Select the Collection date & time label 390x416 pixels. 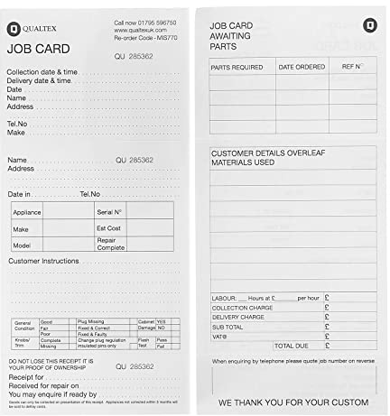(42, 71)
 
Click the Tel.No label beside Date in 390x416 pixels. (90, 194)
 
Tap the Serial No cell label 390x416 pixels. (108, 211)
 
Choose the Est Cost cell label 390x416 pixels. (108, 228)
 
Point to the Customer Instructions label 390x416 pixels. (44, 262)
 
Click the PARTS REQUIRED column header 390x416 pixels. (237, 67)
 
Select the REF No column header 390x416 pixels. (351, 67)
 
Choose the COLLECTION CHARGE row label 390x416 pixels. (242, 308)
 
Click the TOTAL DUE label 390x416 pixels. (292, 346)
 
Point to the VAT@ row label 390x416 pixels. (220, 336)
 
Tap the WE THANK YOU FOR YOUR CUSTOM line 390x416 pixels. (292, 402)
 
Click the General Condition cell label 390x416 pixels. (23, 326)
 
